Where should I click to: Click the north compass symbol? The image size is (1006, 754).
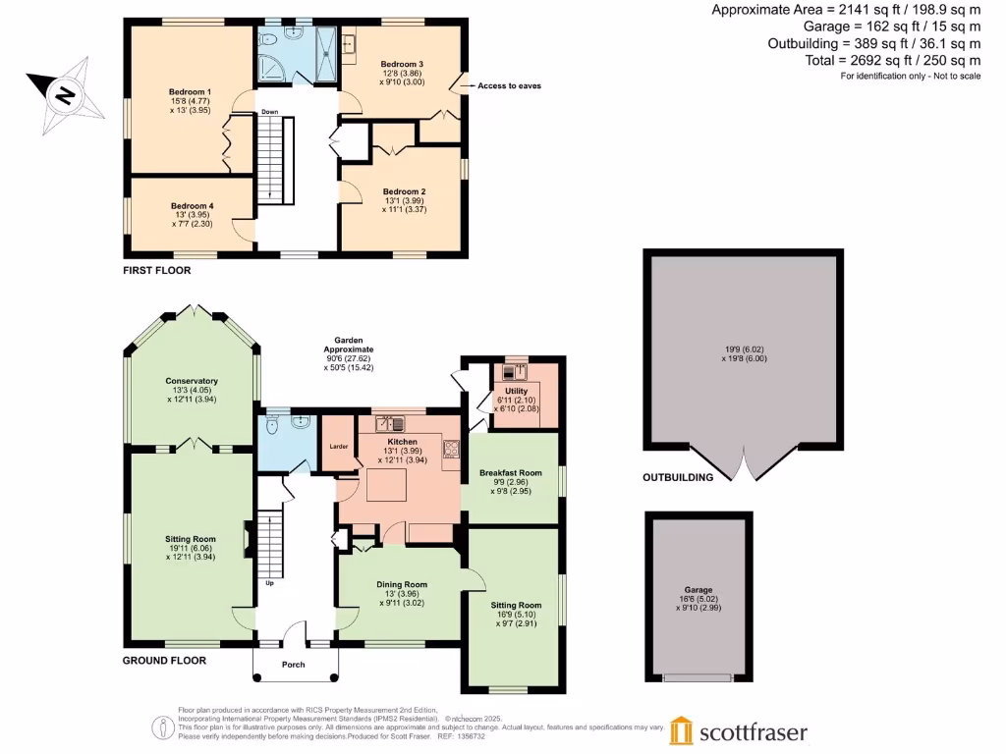point(64,95)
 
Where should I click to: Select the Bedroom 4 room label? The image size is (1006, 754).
point(194,205)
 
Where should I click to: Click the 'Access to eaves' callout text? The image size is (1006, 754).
point(509,86)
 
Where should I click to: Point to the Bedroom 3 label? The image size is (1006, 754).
point(401,63)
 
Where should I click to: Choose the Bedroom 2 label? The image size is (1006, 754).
point(404,191)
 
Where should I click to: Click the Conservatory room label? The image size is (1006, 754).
point(192,381)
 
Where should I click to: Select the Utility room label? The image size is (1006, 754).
point(516,391)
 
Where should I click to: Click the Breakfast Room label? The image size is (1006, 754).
point(511,472)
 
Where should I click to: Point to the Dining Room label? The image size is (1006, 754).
point(402,584)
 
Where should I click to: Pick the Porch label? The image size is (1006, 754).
point(294,665)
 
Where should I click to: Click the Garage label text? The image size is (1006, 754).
point(699,590)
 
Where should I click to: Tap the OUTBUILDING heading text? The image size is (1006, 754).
point(678,477)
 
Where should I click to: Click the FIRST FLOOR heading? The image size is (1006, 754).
point(156,270)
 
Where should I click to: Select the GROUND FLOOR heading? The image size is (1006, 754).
point(164,661)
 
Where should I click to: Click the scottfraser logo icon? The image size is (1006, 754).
point(683,731)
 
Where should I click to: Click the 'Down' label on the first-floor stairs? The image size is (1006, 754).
point(270,112)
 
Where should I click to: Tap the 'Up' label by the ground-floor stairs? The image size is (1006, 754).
point(269,582)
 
